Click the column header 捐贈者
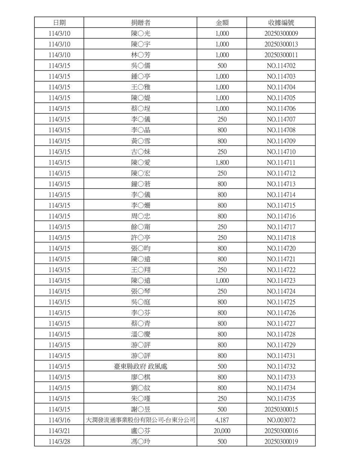(140, 23)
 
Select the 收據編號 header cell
(281, 23)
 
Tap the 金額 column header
(222, 23)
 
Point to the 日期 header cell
(59, 23)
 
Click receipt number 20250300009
(281, 34)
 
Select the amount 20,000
(222, 431)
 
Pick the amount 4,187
(222, 420)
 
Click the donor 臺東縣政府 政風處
(140, 366)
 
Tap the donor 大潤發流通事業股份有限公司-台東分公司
(140, 420)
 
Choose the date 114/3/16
(59, 420)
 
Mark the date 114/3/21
(59, 431)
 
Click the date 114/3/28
(59, 442)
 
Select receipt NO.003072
(281, 420)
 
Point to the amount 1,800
(222, 163)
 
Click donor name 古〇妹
(140, 152)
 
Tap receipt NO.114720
(281, 248)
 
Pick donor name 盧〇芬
(140, 431)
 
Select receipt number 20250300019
(281, 442)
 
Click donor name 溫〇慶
(140, 334)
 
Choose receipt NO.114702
(281, 66)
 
